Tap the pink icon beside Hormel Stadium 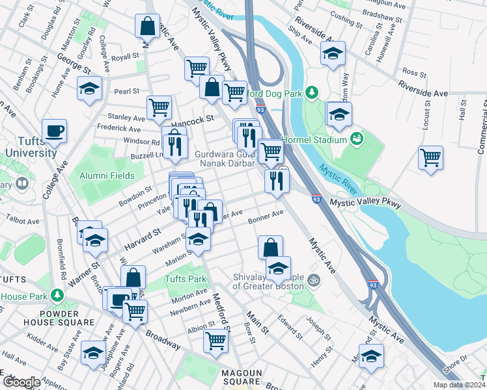(x=356, y=138)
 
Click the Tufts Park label (x=186, y=279)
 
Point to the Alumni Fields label (x=107, y=175)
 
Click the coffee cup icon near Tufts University (x=55, y=131)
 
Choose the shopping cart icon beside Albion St (x=216, y=340)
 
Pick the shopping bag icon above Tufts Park (x=133, y=278)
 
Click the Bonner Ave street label (x=266, y=217)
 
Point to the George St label (x=72, y=62)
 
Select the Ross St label (x=414, y=72)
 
